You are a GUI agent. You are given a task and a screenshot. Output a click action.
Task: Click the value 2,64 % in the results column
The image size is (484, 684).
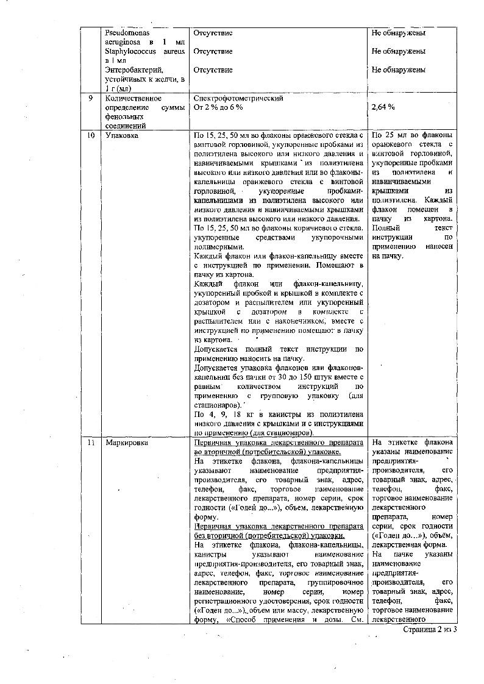click(x=383, y=107)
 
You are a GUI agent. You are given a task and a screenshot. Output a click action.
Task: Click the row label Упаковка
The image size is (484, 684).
click(x=121, y=135)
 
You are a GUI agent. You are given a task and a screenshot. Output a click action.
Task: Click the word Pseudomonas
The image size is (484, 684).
click(x=127, y=32)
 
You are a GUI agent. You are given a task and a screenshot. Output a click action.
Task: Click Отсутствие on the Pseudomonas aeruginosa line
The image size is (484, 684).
click(x=213, y=32)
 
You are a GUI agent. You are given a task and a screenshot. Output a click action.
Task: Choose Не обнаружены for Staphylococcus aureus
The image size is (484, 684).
click(x=399, y=51)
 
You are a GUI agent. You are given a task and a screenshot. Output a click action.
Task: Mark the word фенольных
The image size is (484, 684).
click(x=123, y=116)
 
